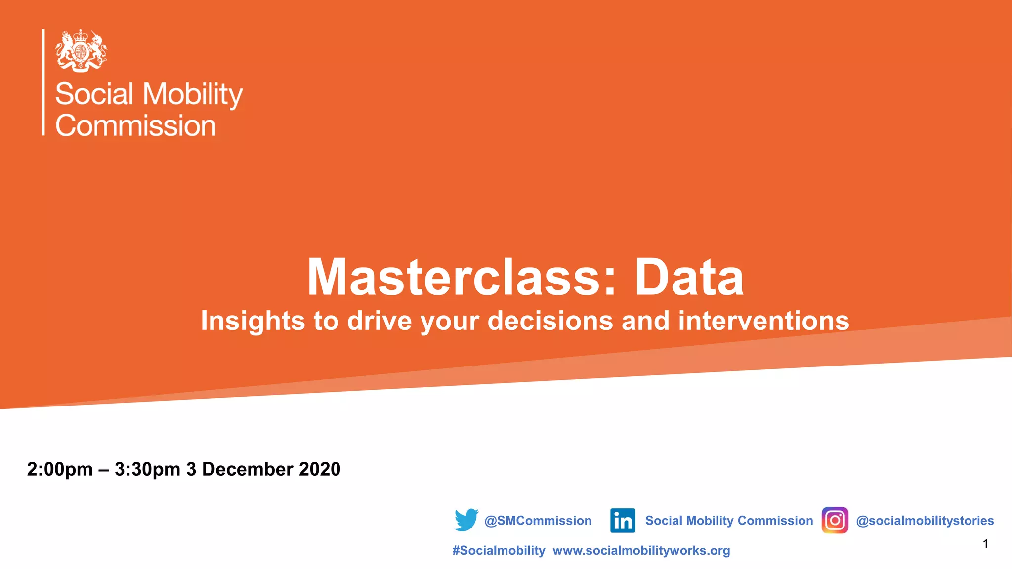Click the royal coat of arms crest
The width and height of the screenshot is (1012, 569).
click(x=81, y=50)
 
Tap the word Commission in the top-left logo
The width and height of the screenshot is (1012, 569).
click(x=136, y=125)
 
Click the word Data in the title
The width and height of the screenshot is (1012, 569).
click(x=689, y=278)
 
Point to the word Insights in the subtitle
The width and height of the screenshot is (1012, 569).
click(x=253, y=321)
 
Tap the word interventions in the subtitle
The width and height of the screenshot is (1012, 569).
click(x=763, y=321)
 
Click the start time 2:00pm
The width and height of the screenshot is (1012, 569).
click(x=60, y=469)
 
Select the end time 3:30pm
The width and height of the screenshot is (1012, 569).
click(x=147, y=469)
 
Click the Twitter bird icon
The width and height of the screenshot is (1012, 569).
click(x=466, y=520)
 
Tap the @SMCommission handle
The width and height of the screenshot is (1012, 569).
click(x=538, y=521)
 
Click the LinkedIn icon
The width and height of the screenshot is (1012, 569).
click(x=623, y=521)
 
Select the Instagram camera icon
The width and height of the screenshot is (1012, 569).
click(x=835, y=520)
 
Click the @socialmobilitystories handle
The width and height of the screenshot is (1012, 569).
click(x=925, y=521)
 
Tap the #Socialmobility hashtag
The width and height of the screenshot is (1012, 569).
click(x=498, y=551)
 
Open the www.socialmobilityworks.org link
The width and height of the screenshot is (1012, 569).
click(x=641, y=551)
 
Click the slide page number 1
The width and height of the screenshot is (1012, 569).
click(x=985, y=544)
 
